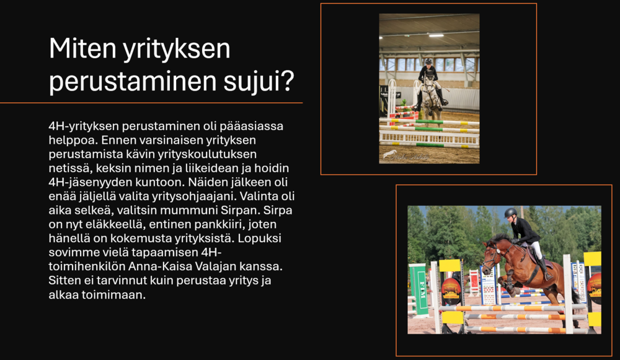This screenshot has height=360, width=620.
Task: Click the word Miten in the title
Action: click(82, 48)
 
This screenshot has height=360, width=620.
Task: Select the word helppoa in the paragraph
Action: click(73, 140)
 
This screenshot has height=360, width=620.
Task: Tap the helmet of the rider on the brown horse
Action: click(510, 212)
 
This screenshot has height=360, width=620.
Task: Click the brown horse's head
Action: click(490, 255)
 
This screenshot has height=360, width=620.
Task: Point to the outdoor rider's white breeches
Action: click(536, 249)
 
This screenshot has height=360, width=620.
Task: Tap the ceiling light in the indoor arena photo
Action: click(436, 35)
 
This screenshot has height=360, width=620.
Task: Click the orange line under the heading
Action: click(151, 103)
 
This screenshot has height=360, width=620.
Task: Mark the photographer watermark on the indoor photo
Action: click(405, 156)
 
